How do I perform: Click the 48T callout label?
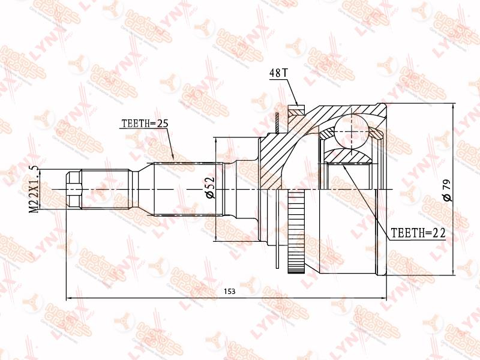click(278, 73)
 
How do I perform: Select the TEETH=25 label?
click(145, 124)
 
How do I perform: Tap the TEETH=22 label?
click(418, 233)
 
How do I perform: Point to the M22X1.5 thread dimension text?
click(34, 189)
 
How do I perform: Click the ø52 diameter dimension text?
click(211, 188)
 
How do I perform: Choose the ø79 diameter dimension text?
click(447, 190)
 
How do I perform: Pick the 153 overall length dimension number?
click(230, 292)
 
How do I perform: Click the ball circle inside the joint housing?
click(351, 131)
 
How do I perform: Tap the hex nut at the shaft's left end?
click(74, 190)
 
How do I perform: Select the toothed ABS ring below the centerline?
click(296, 232)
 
